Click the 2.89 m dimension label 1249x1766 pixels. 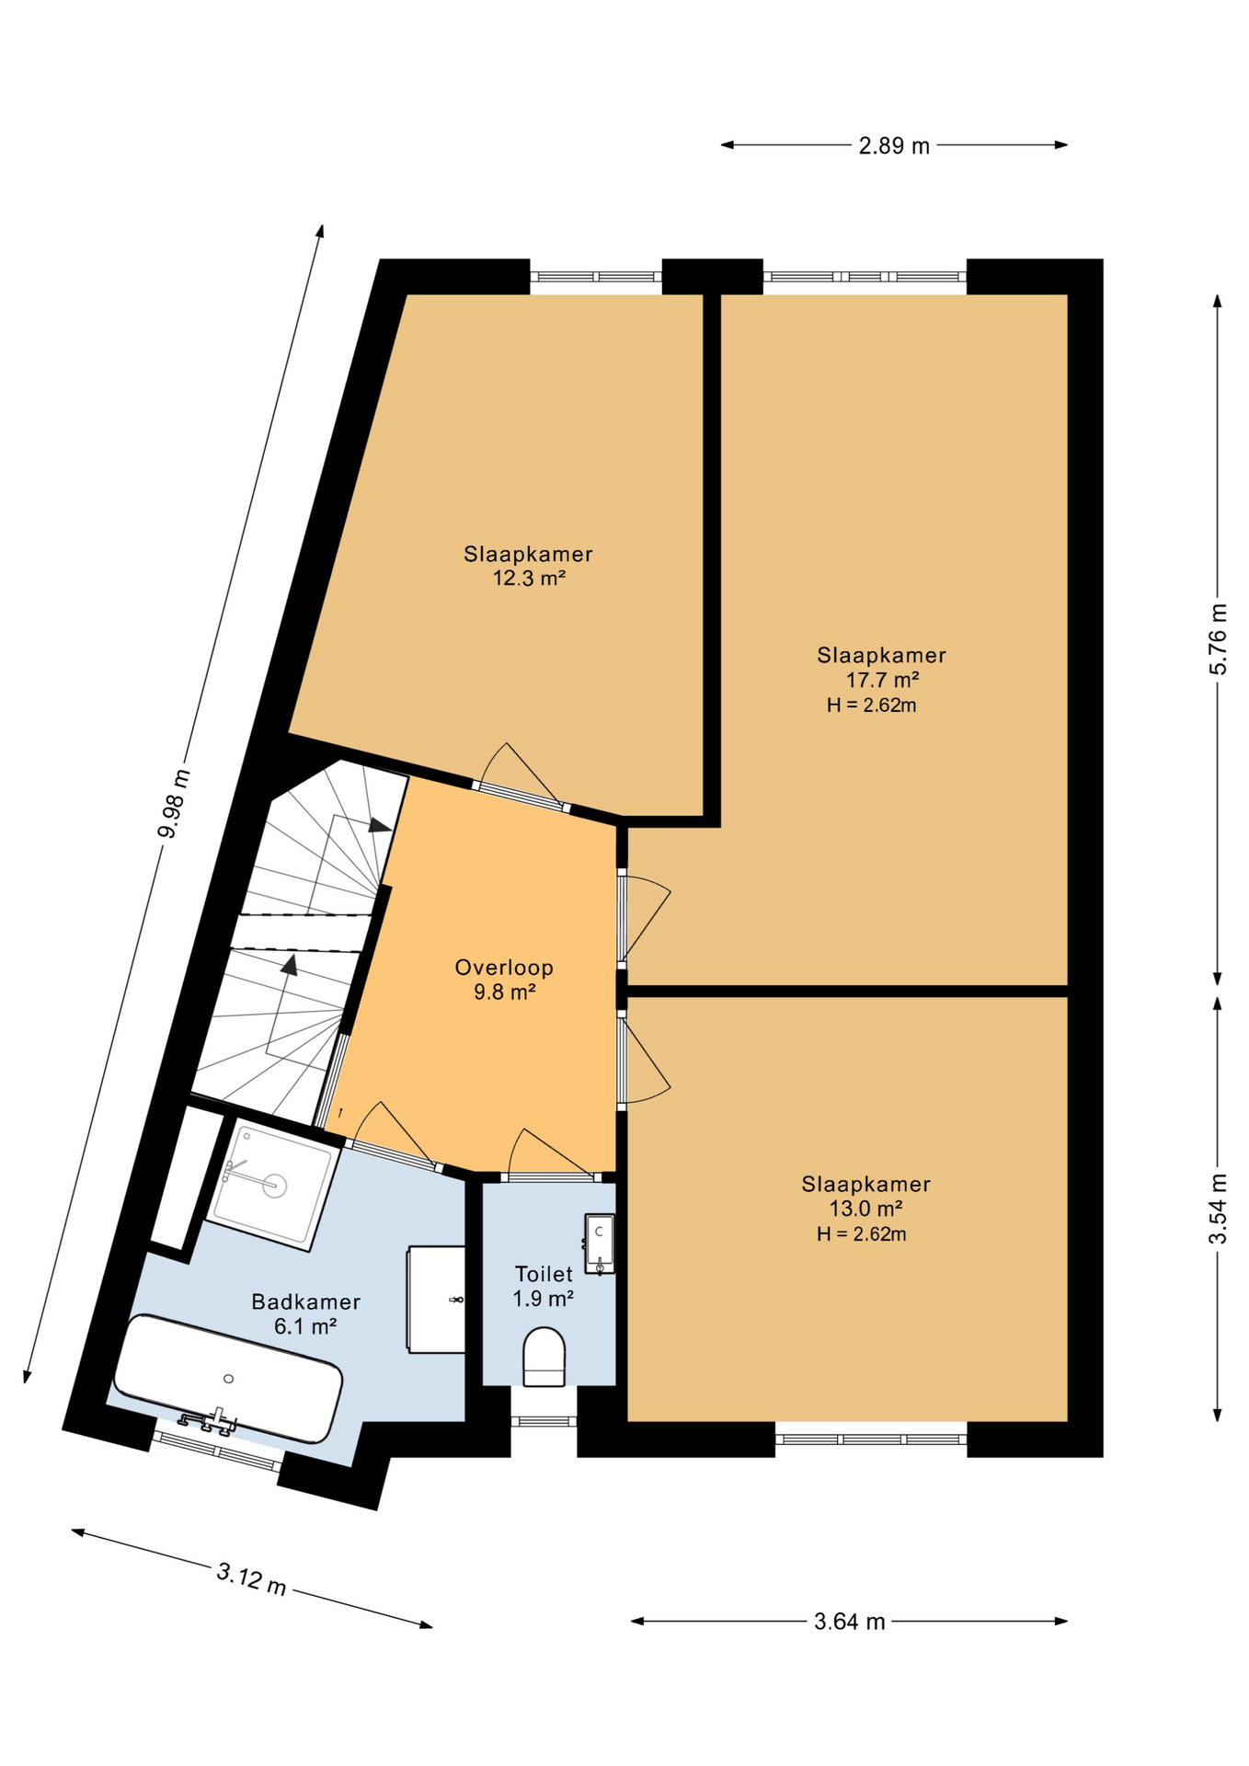(894, 145)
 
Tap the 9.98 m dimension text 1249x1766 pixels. (174, 804)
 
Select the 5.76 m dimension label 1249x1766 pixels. (1218, 638)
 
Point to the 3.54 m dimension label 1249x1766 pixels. (1218, 1209)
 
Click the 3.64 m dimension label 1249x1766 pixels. (850, 1622)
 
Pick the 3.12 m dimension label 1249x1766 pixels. (251, 1579)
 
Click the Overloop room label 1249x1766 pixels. (504, 968)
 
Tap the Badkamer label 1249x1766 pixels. (305, 1302)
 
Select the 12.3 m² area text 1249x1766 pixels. (529, 579)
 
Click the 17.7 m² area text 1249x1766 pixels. (883, 680)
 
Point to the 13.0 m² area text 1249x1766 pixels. (865, 1209)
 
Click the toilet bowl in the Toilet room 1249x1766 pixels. (544, 1357)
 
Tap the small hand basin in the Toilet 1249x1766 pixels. (600, 1244)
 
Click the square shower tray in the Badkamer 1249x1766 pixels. (269, 1185)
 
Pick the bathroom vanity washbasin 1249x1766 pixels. (436, 1300)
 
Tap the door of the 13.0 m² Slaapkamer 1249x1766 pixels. (644, 1058)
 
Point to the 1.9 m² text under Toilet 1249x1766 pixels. (544, 1299)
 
